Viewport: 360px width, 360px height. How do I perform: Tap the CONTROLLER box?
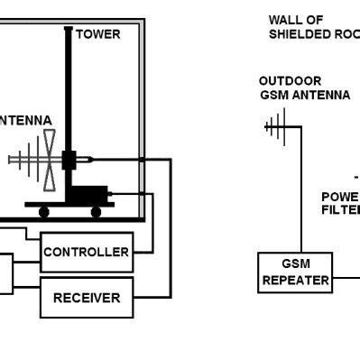[86, 252]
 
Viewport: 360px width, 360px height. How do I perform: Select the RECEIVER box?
[86, 298]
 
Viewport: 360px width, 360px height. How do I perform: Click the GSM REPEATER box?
[293, 272]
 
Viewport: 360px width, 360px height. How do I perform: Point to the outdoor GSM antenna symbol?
[275, 126]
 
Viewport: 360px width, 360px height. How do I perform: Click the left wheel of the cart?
[42, 212]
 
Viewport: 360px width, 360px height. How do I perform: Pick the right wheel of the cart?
[96, 212]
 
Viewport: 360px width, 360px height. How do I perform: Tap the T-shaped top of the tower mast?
[68, 29]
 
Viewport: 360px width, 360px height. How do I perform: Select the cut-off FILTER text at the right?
[340, 209]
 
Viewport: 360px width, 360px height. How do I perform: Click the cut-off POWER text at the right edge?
[340, 196]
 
